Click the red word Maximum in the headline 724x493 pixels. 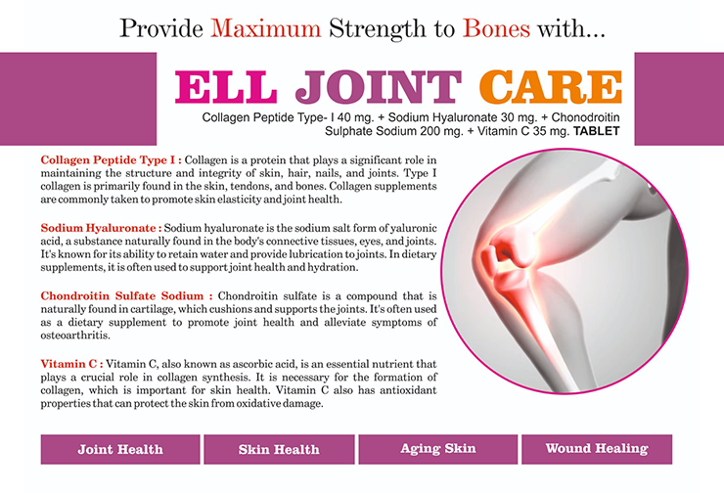click(265, 28)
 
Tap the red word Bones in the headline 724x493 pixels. click(496, 28)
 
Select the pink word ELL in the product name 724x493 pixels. click(226, 87)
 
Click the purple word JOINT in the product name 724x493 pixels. click(379, 87)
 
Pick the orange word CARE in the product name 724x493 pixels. click(551, 87)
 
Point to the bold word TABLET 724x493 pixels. click(596, 131)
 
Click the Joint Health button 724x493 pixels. click(120, 449)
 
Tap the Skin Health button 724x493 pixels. click(279, 449)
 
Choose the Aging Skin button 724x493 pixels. click(437, 449)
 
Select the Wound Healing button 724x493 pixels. click(597, 449)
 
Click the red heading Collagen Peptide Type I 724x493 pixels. click(111, 159)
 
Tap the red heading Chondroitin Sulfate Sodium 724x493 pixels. click(126, 295)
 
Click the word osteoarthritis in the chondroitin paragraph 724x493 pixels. click(75, 336)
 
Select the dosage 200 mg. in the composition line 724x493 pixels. click(441, 131)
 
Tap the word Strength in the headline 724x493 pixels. click(378, 29)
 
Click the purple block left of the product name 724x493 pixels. click(78, 99)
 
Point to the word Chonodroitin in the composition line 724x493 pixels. click(585, 117)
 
